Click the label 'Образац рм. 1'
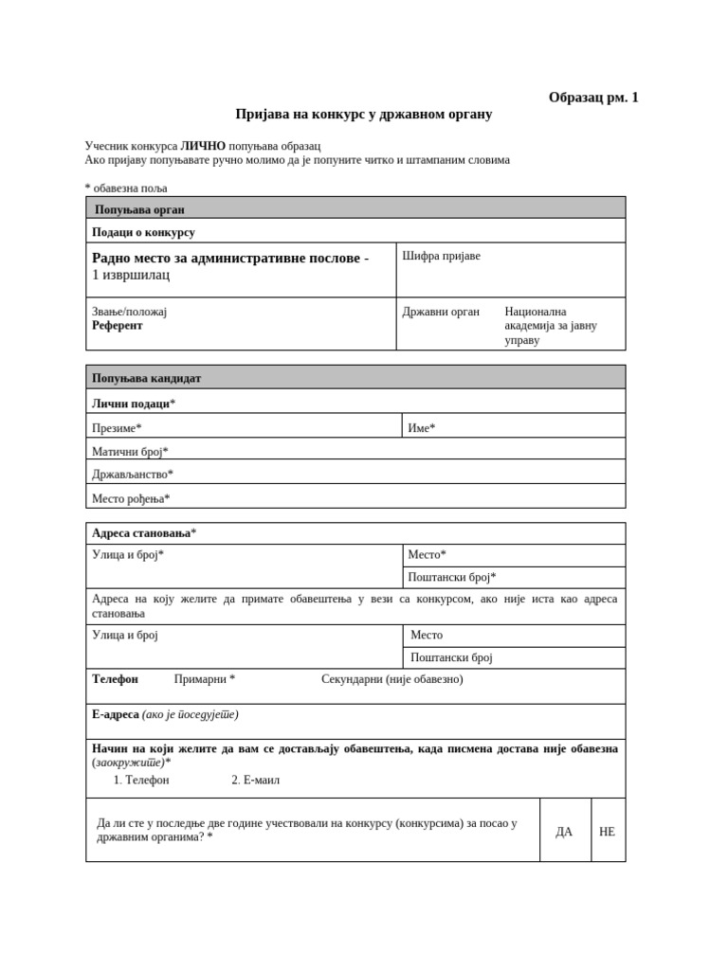pos(593,97)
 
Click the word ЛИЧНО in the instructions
pos(203,146)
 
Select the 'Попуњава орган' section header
pos(139,209)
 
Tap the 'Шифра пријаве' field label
pos(441,256)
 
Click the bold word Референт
pos(118,325)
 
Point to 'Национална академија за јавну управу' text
pos(550,325)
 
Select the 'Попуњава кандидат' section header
pos(146,378)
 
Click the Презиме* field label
pos(117,428)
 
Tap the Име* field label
pos(421,428)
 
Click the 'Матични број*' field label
pos(130,452)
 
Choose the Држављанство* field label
pos(133,474)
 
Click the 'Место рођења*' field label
pos(131,498)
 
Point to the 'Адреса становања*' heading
pos(144,533)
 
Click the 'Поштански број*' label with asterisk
pos(451,577)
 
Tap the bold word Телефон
pos(115,679)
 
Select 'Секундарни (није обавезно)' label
pos(391,679)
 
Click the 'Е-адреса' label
pos(116,714)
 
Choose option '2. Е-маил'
pos(255,780)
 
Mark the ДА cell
pos(564,831)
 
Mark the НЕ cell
pos(607,831)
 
